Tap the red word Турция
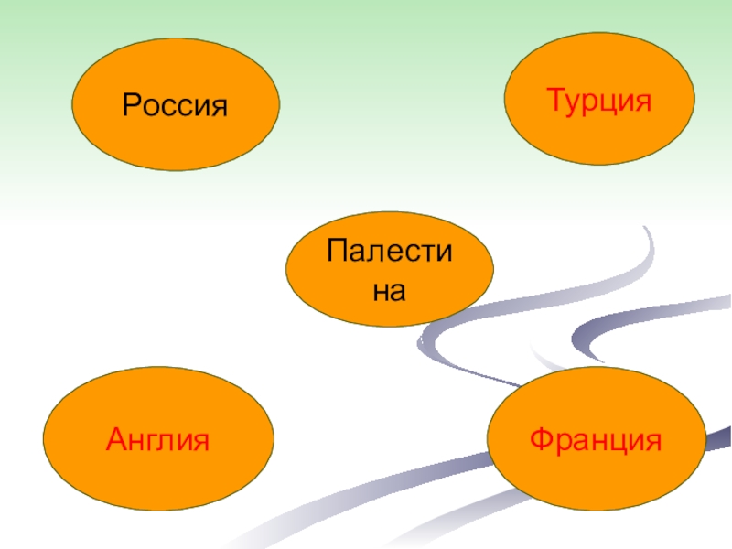coord(598,100)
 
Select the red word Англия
coord(158,441)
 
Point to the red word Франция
coord(595,440)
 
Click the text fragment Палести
coord(390,250)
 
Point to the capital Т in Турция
coord(555,100)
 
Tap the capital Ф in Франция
coord(541,440)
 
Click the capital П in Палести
coord(339,250)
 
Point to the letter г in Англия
coord(152,442)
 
